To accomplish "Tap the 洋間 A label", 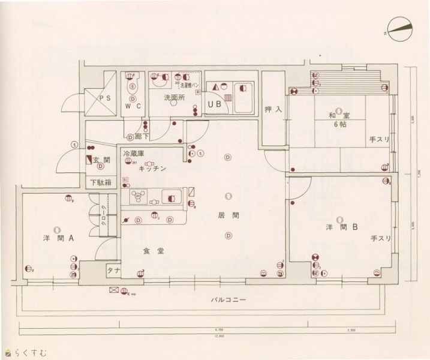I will pos(58,238).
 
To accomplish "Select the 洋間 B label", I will pos(342,227).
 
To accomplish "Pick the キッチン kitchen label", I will pos(152,170).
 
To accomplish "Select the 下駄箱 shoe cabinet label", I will pos(100,182).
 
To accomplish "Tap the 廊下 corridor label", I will pos(142,137).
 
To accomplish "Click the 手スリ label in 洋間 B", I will pos(380,239).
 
